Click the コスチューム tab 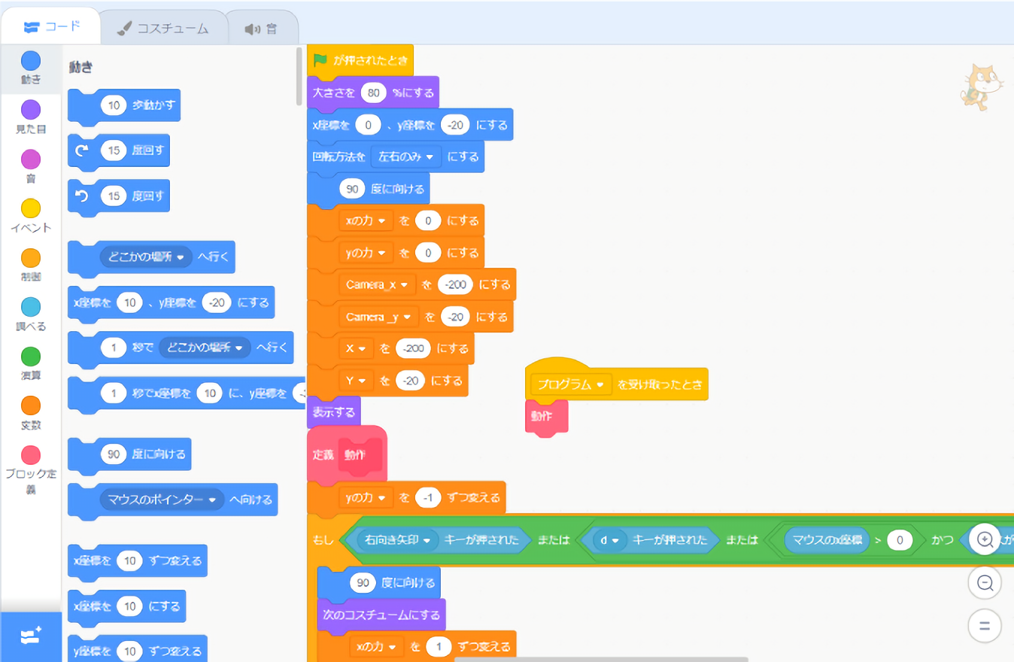click(x=162, y=29)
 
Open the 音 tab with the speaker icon click(x=261, y=29)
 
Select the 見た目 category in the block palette click(x=31, y=111)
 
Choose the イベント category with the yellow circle click(x=31, y=208)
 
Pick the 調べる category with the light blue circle click(x=31, y=307)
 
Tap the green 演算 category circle click(x=31, y=357)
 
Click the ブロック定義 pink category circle click(x=31, y=455)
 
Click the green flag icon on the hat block click(x=320, y=60)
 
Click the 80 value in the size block click(x=373, y=93)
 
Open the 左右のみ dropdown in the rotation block click(x=406, y=156)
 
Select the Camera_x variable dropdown click(x=376, y=284)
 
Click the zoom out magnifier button click(x=984, y=582)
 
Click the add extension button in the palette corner click(x=31, y=636)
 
